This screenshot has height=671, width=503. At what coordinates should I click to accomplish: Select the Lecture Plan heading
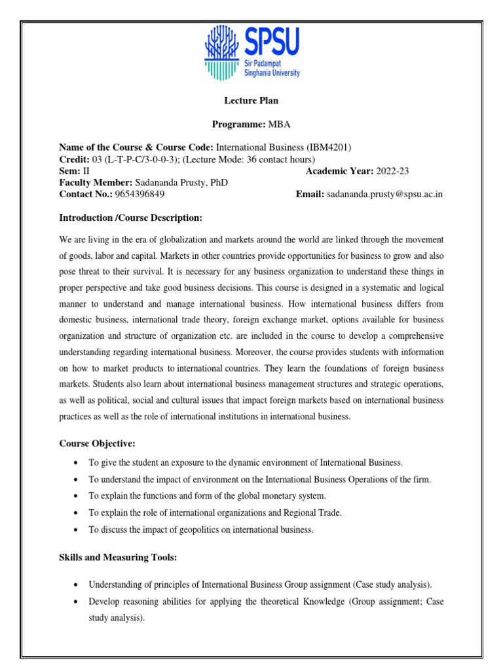coord(251,100)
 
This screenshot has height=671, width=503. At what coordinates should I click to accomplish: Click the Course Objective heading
coord(98,444)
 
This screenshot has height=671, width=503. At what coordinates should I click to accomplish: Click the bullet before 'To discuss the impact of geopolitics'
coord(77,530)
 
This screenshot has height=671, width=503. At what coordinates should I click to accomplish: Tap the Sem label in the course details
coord(67,171)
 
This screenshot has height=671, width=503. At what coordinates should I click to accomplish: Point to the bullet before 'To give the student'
coord(77,463)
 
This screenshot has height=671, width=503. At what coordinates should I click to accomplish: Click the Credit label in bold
coord(74,159)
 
